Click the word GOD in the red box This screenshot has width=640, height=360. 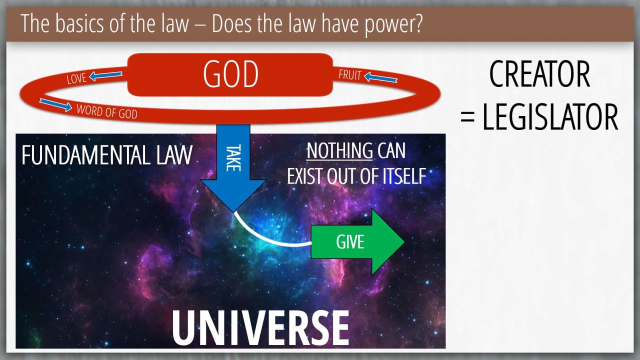pos(230,74)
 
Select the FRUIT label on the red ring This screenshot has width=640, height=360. pos(350,75)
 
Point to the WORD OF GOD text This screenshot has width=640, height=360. pos(107,111)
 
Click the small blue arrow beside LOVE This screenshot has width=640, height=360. pos(105,75)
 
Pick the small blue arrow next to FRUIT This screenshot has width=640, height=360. pos(381,77)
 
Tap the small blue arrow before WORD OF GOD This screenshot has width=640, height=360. pos(55,105)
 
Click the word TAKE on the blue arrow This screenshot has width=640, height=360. pos(233,158)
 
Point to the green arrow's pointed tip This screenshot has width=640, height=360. pos(404,241)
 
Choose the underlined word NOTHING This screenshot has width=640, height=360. pos(339,151)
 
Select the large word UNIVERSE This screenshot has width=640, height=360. pos(260,328)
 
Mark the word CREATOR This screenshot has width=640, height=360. pos(539,74)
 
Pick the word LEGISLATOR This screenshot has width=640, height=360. pos(550,117)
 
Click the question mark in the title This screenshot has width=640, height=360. pos(417,23)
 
